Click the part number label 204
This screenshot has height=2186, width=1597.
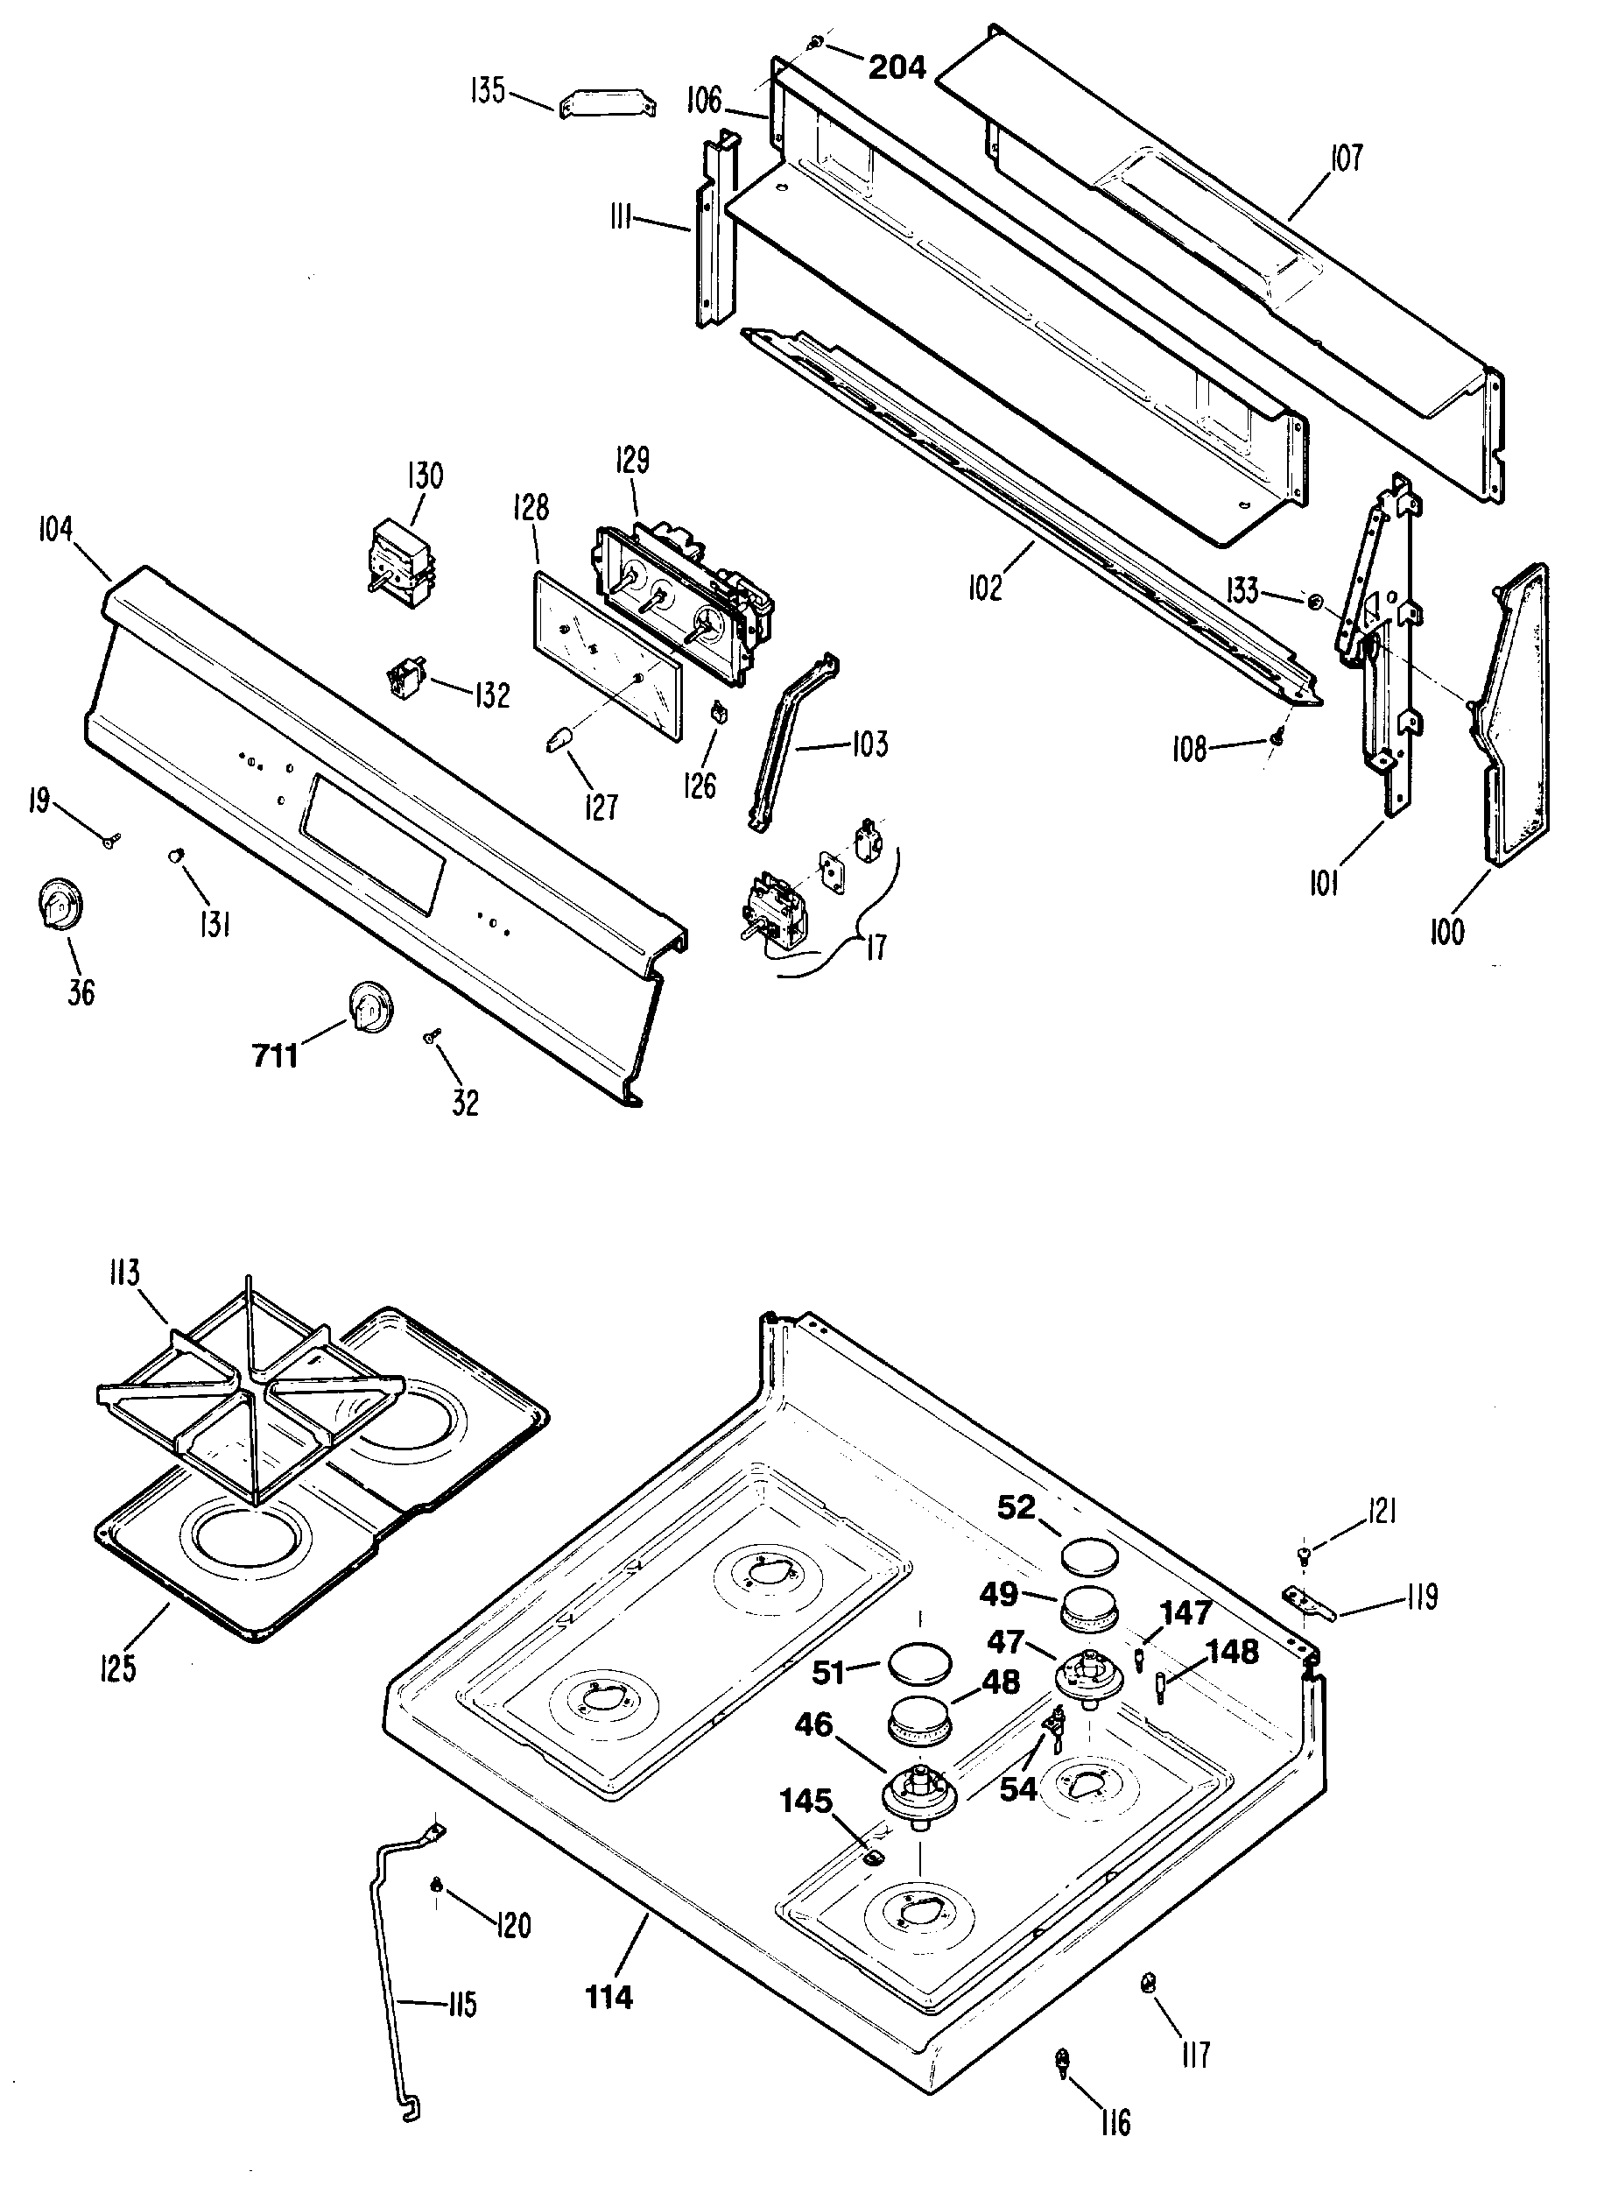pyautogui.click(x=897, y=67)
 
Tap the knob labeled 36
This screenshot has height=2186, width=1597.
pyautogui.click(x=60, y=903)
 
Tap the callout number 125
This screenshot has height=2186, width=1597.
pyautogui.click(x=117, y=1667)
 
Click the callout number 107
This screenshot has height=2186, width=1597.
pyautogui.click(x=1346, y=158)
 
